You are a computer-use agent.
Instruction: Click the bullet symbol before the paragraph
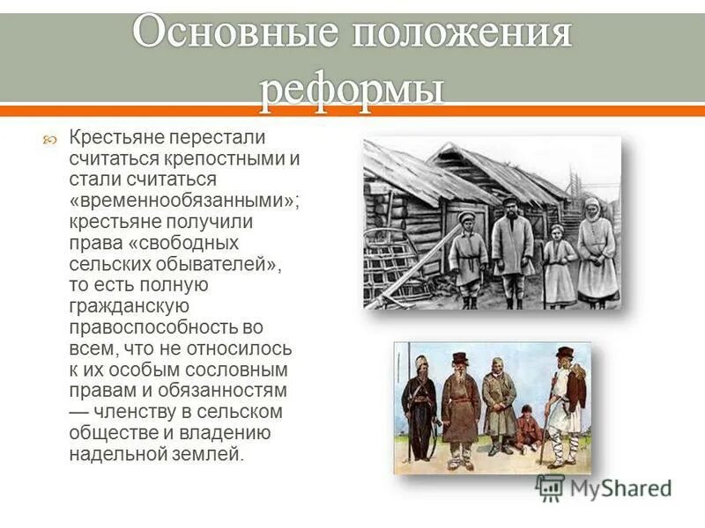[52, 139]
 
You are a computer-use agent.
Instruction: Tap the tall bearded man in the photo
[511, 251]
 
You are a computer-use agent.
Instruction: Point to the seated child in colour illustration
[527, 429]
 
